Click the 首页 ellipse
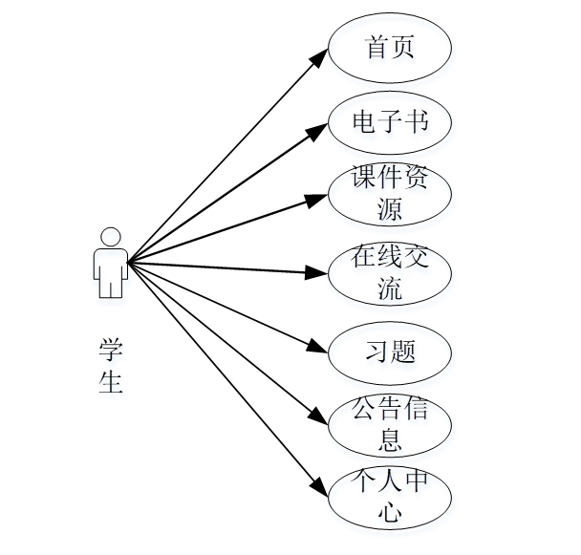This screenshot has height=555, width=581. pos(390,49)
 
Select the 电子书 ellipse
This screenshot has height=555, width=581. pos(390,122)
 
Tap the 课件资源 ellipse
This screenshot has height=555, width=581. pos(390,195)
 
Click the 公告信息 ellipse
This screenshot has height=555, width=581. pos(390,424)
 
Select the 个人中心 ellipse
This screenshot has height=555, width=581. pos(390,498)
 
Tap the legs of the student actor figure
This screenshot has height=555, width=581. pos(111,284)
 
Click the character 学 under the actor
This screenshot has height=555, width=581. pos(112,348)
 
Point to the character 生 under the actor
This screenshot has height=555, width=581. pos(112,381)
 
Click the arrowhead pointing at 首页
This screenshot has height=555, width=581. pos(320,58)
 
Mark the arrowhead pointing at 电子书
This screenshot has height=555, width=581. pos(320,130)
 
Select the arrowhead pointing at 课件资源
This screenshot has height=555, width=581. pos(319,200)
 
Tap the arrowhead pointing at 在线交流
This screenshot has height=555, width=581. pos(318,272)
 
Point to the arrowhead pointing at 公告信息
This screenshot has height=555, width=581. pos(320,417)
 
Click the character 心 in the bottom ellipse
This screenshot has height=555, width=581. pos(390,513)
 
